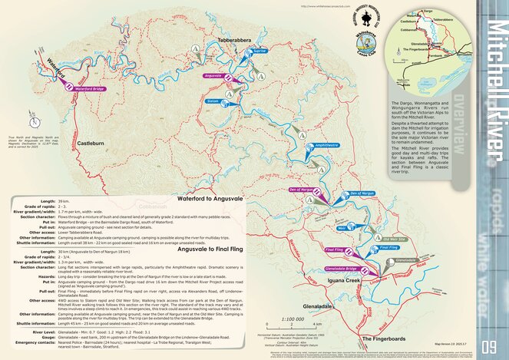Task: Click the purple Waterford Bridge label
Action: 89,88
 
